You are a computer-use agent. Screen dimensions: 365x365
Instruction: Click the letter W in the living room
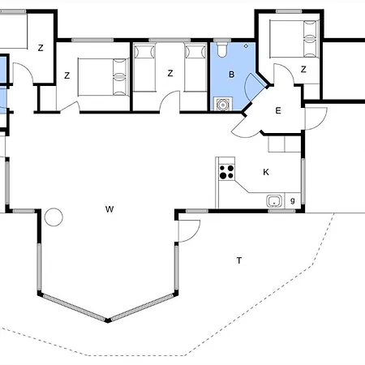109,209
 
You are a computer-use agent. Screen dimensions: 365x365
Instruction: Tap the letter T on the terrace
239,260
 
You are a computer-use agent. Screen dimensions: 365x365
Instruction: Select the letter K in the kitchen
266,172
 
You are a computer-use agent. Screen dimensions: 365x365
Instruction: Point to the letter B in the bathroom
231,75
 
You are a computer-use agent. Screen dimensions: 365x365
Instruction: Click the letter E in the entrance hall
278,110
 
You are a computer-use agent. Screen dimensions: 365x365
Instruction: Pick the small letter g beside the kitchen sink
292,200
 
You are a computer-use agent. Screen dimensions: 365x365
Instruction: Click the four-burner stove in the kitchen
226,172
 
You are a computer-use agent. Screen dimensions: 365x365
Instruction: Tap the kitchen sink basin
274,201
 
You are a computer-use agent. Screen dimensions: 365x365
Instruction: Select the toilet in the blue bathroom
222,49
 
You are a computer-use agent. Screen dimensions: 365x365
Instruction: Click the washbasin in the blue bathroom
223,104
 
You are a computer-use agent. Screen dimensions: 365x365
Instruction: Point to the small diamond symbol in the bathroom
246,46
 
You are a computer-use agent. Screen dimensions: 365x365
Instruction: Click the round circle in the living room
54,217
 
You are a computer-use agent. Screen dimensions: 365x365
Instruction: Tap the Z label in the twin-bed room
170,73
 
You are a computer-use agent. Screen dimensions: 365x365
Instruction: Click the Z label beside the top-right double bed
303,70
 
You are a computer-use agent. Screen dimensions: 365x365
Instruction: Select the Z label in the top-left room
41,48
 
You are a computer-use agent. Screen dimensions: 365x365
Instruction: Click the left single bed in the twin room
145,67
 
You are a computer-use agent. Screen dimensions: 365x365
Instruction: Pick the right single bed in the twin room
195,67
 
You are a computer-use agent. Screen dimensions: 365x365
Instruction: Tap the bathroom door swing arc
246,87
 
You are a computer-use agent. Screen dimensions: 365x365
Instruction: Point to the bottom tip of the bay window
108,321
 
